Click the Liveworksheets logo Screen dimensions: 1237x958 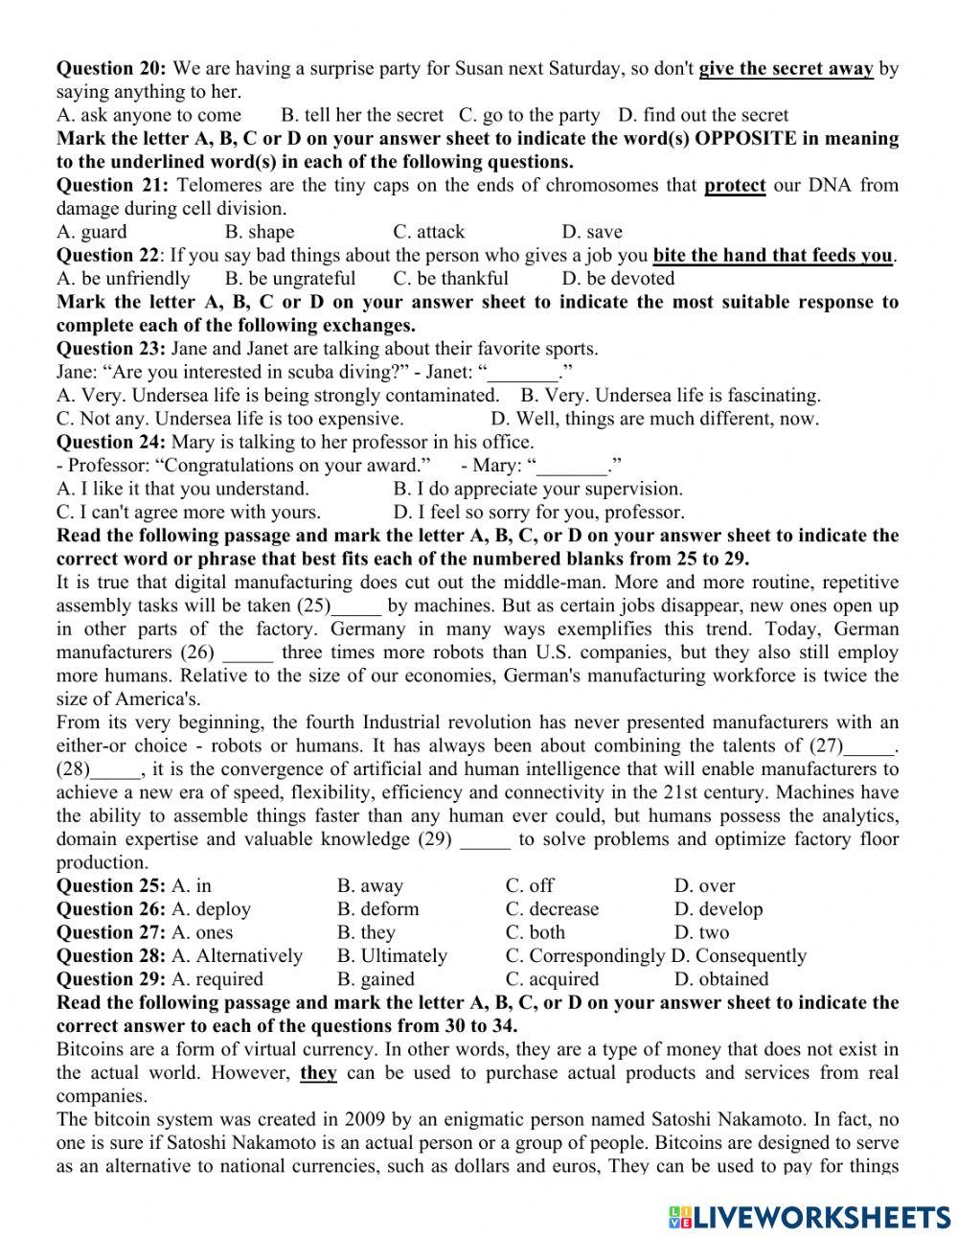[809, 1216]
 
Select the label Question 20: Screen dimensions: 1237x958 [111, 68]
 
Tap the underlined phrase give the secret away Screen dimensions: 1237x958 [786, 68]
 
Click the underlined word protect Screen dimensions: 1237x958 [735, 185]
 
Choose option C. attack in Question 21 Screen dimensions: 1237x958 [428, 232]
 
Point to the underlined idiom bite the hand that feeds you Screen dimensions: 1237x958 [772, 255]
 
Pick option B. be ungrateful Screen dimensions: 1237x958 [289, 279]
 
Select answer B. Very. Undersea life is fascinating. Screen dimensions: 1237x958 [671, 395]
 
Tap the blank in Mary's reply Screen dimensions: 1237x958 [572, 467]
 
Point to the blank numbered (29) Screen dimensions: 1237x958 [486, 840]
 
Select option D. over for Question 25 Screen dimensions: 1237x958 [704, 885]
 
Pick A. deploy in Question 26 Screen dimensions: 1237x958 [211, 909]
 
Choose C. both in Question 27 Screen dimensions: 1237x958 [535, 932]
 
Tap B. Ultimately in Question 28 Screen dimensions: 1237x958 [392, 956]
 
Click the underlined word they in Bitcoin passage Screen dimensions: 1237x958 [318, 1073]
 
